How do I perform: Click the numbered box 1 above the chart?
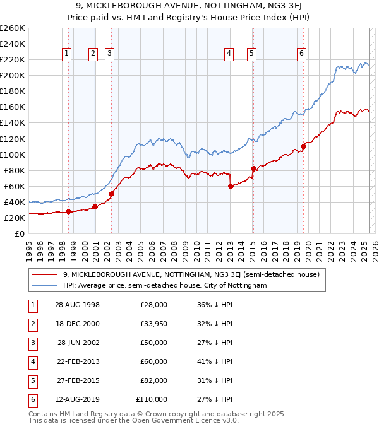pos(67,54)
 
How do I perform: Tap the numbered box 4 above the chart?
pos(228,54)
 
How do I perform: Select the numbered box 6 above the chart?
pos(302,54)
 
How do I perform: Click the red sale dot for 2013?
pos(231,185)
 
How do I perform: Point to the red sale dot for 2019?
pos(303,146)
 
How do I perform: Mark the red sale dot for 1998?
pos(68,211)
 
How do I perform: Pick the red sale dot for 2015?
pos(253,168)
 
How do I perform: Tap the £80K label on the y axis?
pos(15,170)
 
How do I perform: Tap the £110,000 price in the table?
pos(152,400)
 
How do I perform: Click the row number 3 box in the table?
pos(32,343)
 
